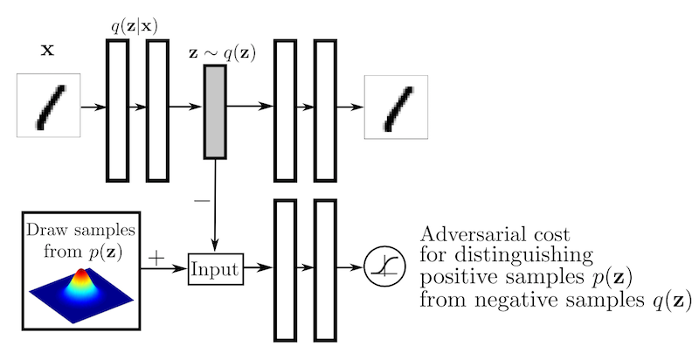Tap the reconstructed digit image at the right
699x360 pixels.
(x=396, y=107)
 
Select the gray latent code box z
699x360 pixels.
(x=215, y=111)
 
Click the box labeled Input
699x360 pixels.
(x=215, y=268)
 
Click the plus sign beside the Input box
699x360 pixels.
(x=157, y=258)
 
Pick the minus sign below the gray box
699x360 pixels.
(x=202, y=199)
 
